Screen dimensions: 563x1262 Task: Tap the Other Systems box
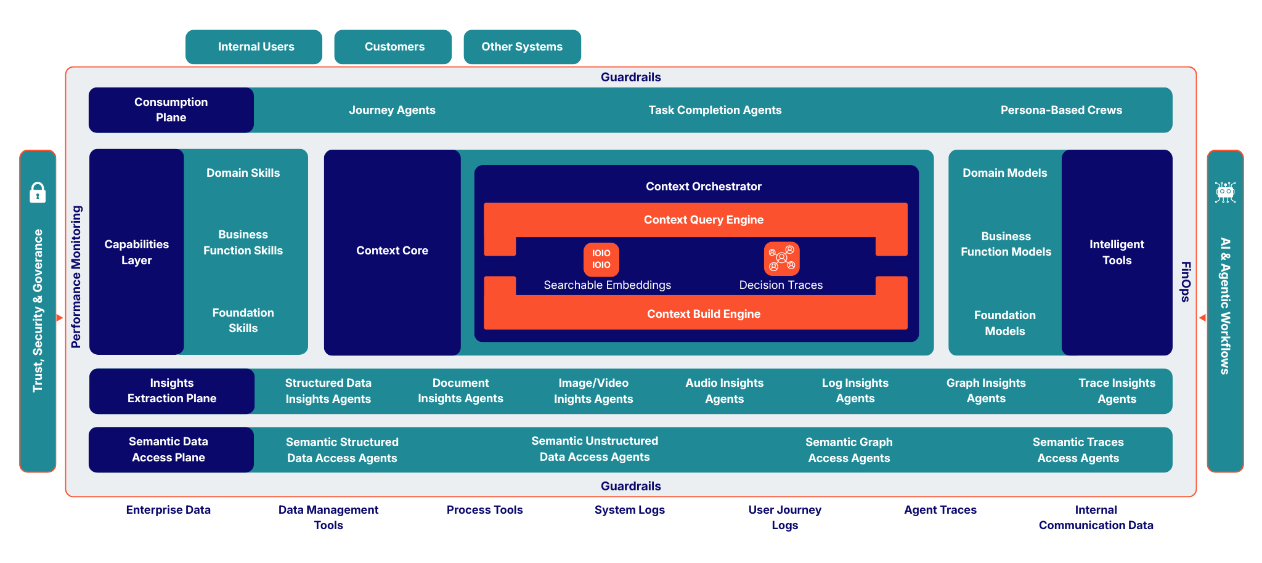[x=522, y=47]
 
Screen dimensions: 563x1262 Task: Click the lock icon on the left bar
[x=38, y=192]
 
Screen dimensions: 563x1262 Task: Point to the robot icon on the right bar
[x=1225, y=192]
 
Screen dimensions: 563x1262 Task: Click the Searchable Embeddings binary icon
[x=601, y=259]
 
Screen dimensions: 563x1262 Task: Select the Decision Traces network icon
[x=781, y=259]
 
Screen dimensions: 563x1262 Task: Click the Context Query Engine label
[x=703, y=220]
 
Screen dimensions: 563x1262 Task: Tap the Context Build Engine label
[x=703, y=314]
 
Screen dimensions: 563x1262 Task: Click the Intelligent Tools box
[x=1117, y=252]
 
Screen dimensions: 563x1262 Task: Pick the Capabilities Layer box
[x=136, y=252]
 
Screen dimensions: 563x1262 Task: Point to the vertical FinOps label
[x=1185, y=281]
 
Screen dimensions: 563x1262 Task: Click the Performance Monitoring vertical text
[x=76, y=277]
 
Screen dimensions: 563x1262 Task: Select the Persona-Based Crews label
[x=1060, y=110]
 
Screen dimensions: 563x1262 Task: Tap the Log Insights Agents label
[x=855, y=391]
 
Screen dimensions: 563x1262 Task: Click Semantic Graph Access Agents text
[x=849, y=450]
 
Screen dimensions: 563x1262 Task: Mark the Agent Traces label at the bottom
[x=940, y=510]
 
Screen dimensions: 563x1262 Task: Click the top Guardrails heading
[x=630, y=77]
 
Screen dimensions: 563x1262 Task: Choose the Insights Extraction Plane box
[x=172, y=391]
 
